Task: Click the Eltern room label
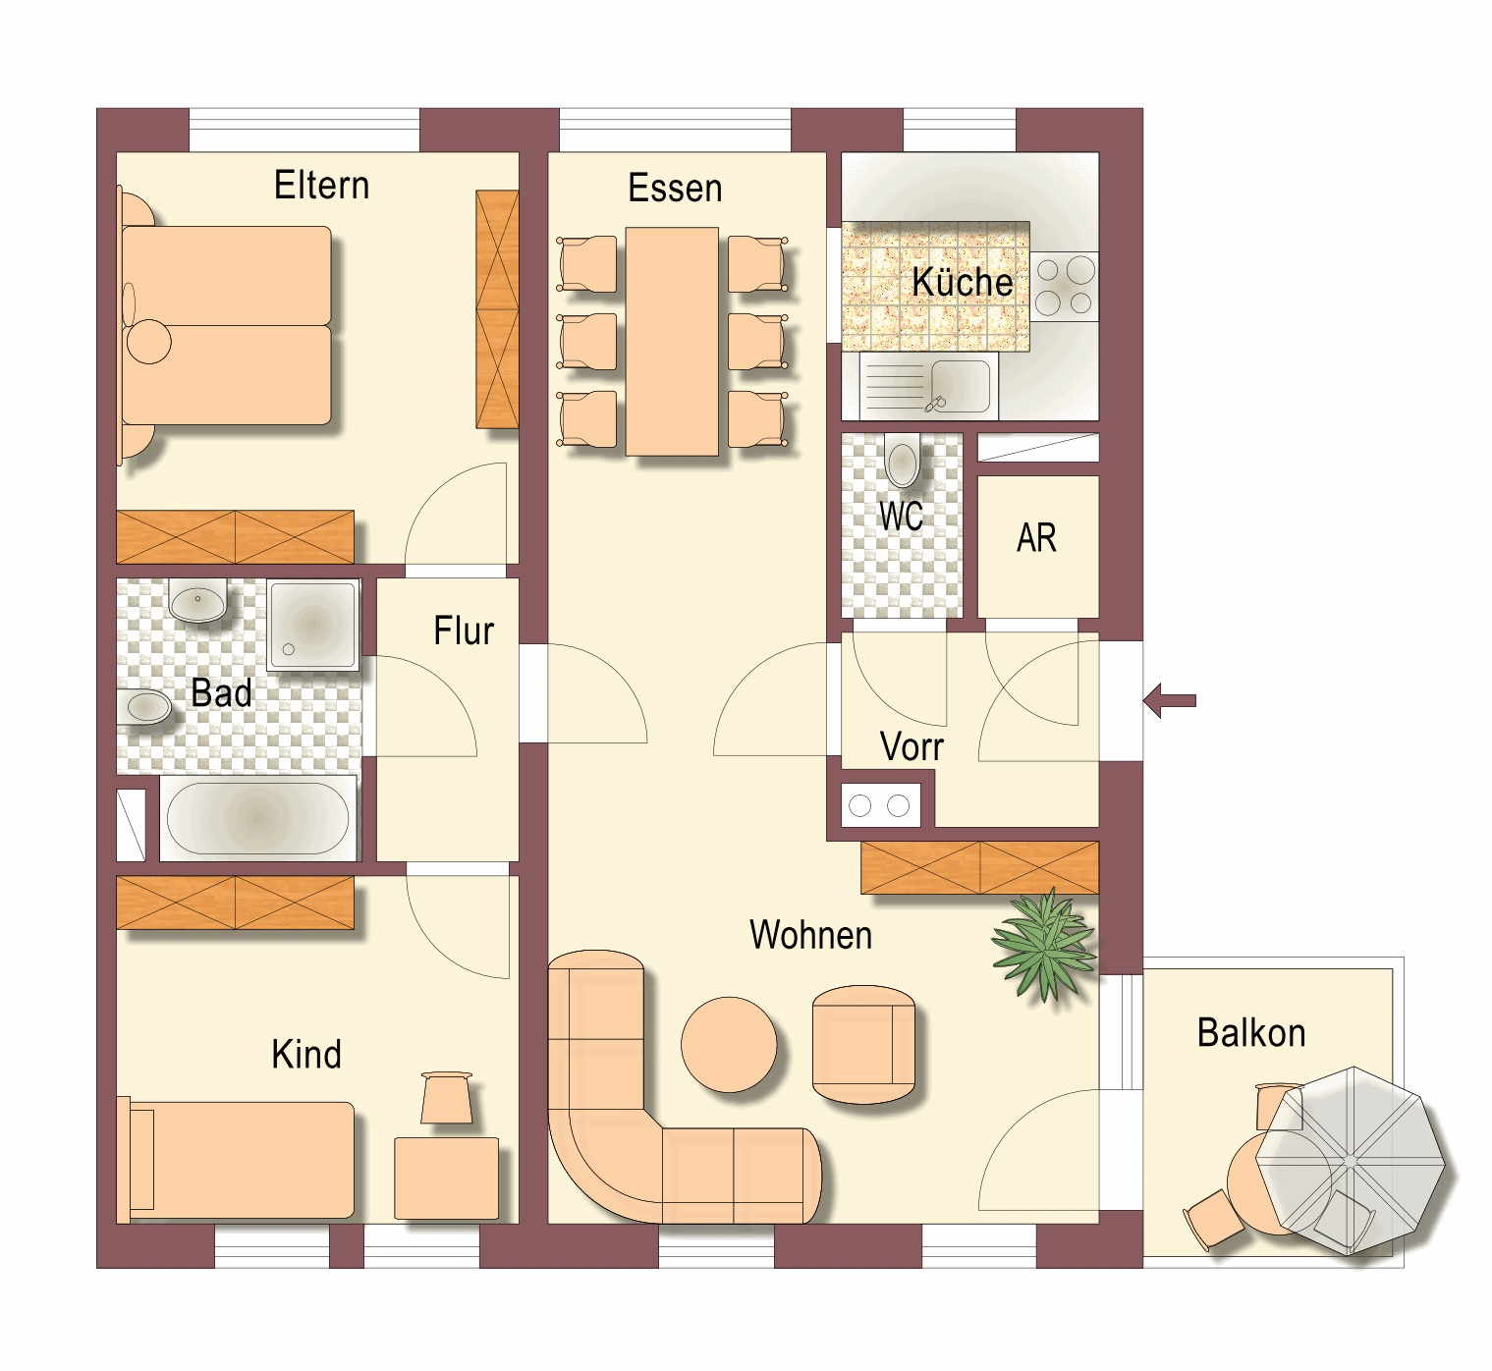[x=321, y=185]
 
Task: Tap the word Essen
[x=675, y=188]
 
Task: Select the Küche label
[x=963, y=281]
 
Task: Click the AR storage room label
[x=1036, y=537]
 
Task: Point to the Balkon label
[x=1251, y=1032]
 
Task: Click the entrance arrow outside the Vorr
[x=1169, y=700]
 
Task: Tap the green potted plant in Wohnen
[x=1044, y=946]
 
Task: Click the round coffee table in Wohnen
[x=729, y=1044]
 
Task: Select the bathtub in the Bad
[x=257, y=818]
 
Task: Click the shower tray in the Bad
[x=312, y=625]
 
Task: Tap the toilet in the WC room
[x=903, y=461]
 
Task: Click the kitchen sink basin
[x=960, y=387]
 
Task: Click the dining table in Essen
[x=672, y=342]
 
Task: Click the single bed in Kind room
[x=236, y=1161]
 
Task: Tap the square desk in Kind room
[x=446, y=1179]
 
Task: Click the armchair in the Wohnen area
[x=863, y=1043]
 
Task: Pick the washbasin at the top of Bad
[x=197, y=600]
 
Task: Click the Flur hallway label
[x=464, y=631]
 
